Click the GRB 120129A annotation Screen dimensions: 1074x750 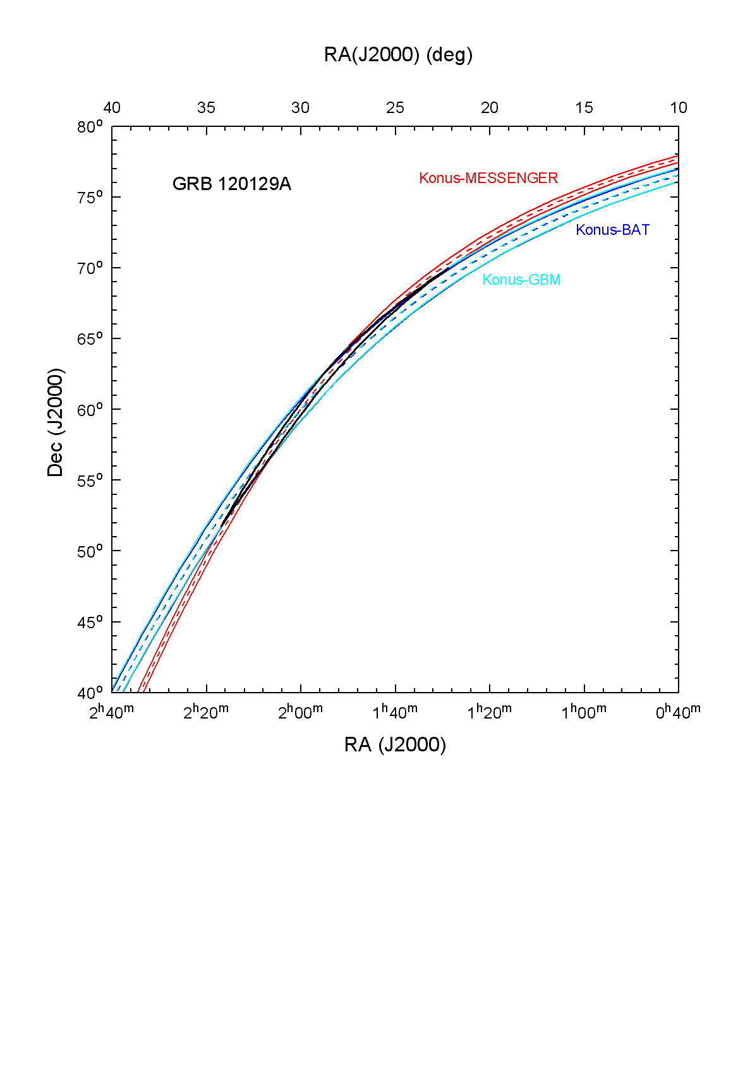231,184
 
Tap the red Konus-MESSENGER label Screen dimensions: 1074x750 488,178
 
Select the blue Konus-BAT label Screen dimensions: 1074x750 612,230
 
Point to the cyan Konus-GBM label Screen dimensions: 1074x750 521,280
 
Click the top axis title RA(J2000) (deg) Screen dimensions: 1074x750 398,55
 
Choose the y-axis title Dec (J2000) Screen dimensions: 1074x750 56,422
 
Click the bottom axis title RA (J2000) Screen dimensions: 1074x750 395,745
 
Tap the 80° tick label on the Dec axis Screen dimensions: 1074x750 90,128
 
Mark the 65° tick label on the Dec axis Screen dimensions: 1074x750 90,340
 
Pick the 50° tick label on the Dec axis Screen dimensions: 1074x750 90,552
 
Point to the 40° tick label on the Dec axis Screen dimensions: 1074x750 90,693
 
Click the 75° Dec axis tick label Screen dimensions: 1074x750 90,198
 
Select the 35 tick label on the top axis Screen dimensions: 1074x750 206,108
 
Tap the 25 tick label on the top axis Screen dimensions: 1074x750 395,108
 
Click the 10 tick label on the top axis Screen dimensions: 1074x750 679,108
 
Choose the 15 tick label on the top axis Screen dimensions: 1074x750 584,108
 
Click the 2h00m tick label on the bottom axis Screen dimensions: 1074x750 300,712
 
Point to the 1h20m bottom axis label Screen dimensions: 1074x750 489,712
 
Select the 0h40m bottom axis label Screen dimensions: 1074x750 678,712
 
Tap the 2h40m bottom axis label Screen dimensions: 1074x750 111,712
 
